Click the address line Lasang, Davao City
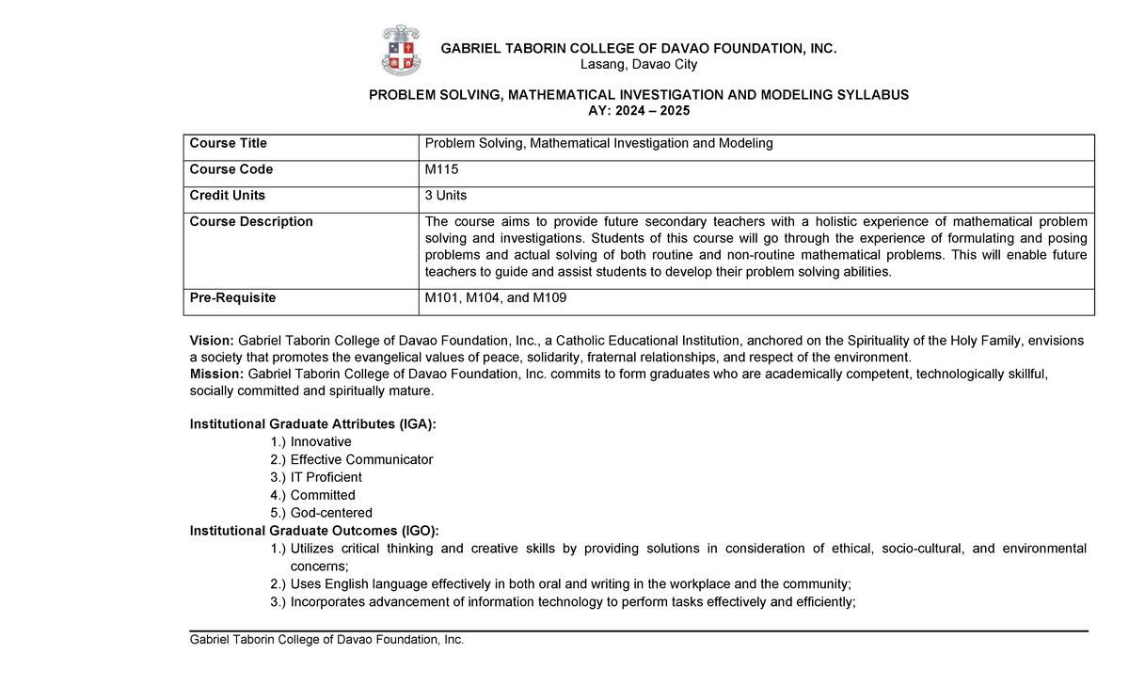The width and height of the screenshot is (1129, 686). (x=638, y=64)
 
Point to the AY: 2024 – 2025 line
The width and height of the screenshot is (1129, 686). (x=638, y=111)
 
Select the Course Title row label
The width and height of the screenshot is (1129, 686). (x=229, y=143)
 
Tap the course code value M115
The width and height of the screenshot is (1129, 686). (x=443, y=169)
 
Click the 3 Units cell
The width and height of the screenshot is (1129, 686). (x=446, y=196)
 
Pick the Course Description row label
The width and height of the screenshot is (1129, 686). (x=251, y=222)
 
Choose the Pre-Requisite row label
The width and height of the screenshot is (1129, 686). (x=232, y=297)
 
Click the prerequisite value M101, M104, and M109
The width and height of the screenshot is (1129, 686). (x=496, y=297)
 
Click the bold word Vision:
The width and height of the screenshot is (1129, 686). (x=213, y=340)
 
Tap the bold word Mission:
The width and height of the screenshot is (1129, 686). (x=217, y=374)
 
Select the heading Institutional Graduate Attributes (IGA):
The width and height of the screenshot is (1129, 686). (x=313, y=424)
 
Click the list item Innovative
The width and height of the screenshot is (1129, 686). (x=321, y=441)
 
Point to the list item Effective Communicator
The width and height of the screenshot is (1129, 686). (x=361, y=459)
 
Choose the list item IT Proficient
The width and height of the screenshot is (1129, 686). (x=326, y=477)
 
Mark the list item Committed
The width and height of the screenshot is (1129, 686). (x=323, y=495)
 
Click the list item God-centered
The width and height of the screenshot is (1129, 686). (x=331, y=513)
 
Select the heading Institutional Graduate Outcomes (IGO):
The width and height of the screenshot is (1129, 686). (x=314, y=531)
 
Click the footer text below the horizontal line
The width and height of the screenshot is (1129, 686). (x=327, y=640)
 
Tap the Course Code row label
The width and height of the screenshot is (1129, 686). (x=231, y=169)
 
